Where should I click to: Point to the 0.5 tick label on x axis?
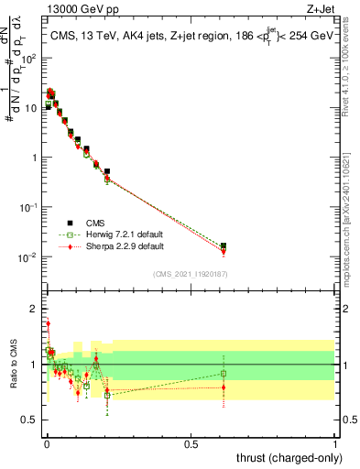(190, 443)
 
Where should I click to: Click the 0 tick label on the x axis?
(45, 443)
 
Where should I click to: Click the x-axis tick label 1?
(335, 443)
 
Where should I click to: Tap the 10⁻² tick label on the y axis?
(28, 256)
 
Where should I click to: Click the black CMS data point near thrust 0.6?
(224, 245)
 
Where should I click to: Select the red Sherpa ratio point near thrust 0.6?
(224, 387)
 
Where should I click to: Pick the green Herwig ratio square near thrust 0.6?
(224, 373)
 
